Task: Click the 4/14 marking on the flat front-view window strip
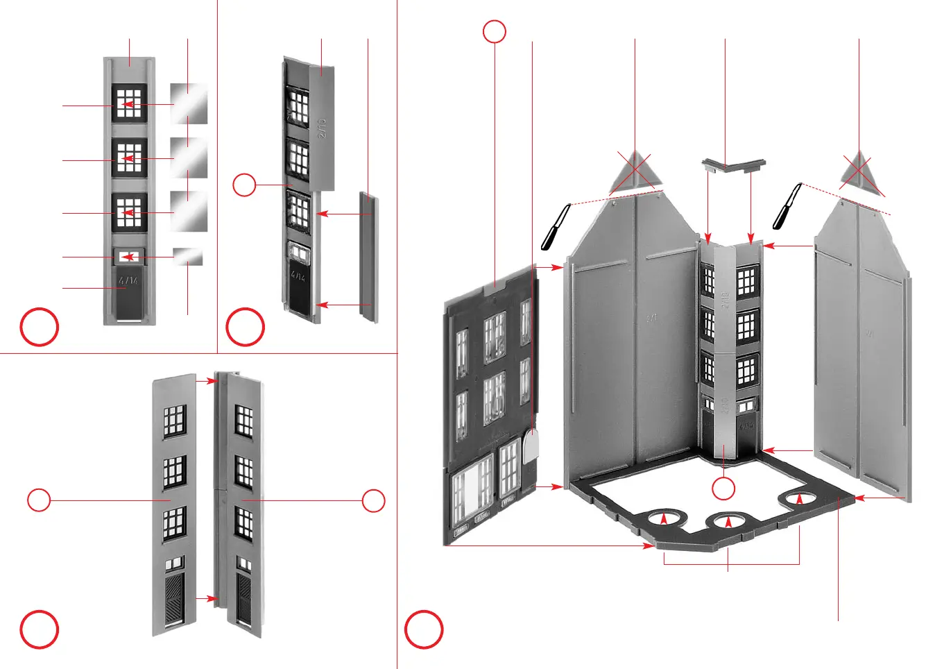(x=128, y=281)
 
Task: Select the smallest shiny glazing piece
(x=187, y=257)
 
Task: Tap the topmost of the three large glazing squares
(x=189, y=103)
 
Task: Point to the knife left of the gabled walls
(x=555, y=227)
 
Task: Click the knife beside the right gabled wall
(x=787, y=206)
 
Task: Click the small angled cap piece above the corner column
(x=732, y=165)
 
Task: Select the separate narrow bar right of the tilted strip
(x=368, y=257)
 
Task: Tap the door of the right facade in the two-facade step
(x=244, y=598)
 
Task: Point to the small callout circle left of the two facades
(x=39, y=500)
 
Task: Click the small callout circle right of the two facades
(x=374, y=500)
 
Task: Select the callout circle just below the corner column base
(x=723, y=489)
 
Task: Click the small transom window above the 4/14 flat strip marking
(x=129, y=257)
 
